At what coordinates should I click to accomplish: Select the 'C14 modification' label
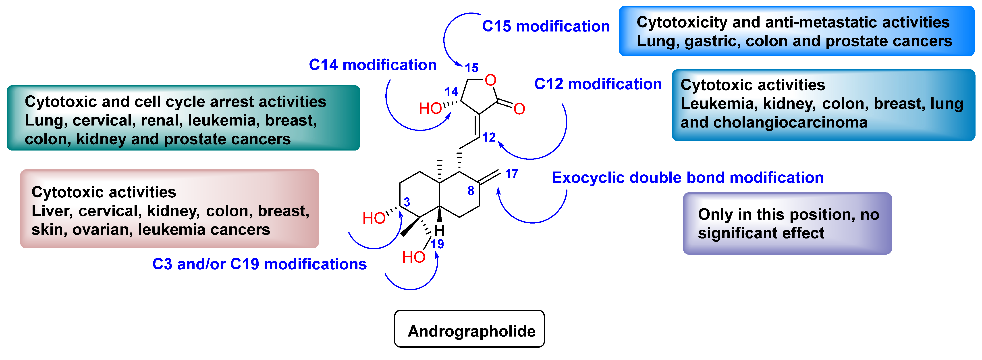point(372,65)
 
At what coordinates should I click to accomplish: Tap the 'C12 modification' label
point(598,84)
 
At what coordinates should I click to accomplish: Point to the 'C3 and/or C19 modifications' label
point(259,264)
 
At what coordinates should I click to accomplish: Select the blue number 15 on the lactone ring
point(471,68)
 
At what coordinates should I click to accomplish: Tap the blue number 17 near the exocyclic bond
point(512,174)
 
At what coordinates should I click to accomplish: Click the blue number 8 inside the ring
point(471,191)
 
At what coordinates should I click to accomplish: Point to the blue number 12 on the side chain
point(488,137)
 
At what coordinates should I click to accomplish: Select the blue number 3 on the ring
point(407,202)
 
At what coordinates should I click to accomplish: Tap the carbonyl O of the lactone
point(519,109)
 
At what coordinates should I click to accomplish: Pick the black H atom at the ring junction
point(440,230)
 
